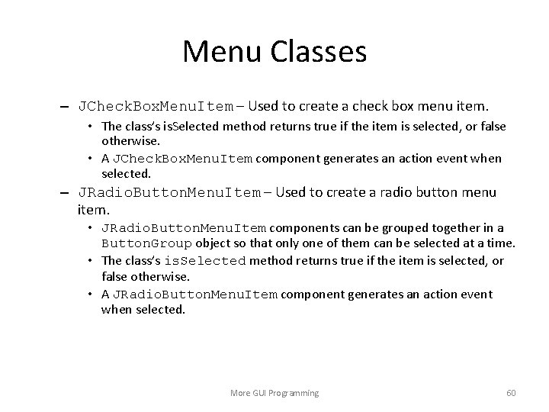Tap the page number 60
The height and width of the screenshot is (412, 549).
pyautogui.click(x=511, y=393)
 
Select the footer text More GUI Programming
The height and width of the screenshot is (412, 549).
pyautogui.click(x=274, y=393)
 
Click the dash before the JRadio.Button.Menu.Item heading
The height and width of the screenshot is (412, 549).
pyautogui.click(x=68, y=193)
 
